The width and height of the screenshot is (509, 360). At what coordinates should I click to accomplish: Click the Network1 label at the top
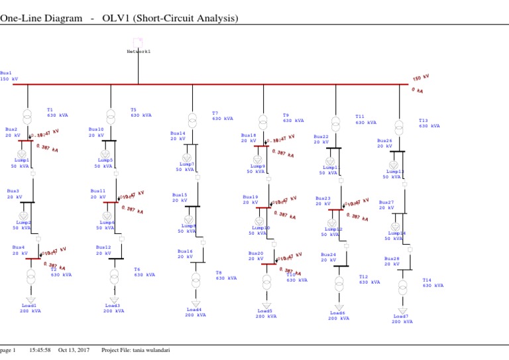tap(138, 51)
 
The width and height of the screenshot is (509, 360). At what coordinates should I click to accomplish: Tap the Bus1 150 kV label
tap(9, 76)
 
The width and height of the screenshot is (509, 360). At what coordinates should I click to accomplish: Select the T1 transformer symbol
tap(28, 117)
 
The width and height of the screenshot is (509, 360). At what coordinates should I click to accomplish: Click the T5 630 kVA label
tap(141, 113)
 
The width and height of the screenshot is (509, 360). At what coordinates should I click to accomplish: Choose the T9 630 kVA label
tap(293, 117)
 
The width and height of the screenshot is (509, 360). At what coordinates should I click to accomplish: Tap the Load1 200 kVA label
tap(30, 308)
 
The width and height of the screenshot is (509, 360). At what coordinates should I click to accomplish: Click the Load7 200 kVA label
tap(402, 319)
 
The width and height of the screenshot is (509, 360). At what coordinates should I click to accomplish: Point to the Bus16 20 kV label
tap(185, 254)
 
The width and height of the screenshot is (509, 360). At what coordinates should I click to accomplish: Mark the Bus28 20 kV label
tap(392, 261)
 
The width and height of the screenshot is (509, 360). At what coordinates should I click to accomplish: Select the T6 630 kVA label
tap(144, 272)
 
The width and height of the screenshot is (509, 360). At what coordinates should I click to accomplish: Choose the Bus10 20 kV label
tap(95, 133)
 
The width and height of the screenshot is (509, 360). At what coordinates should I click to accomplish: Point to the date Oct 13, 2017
tap(74, 350)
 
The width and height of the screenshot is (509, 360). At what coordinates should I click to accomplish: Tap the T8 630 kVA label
tap(226, 275)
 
